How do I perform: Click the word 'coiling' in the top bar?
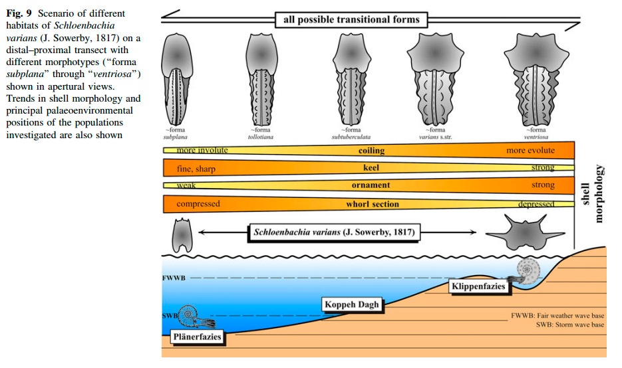[371, 151]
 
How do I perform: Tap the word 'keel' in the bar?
[371, 169]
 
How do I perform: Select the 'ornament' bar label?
[371, 185]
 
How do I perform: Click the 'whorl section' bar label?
[373, 204]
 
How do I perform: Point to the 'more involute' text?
[202, 151]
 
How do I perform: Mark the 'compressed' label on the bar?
[198, 204]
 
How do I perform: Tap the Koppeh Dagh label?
[351, 305]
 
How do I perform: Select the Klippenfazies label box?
[477, 287]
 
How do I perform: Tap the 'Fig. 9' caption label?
[19, 14]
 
